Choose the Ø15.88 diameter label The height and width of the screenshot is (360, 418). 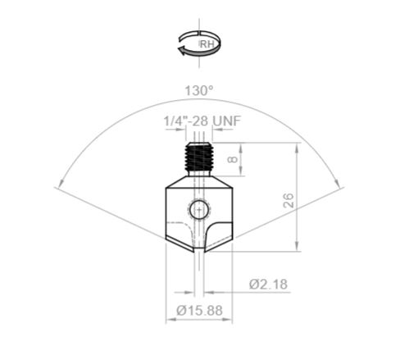[x=200, y=311]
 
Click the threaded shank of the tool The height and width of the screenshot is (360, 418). [x=197, y=157]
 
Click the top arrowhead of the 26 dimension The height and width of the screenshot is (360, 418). [x=297, y=146]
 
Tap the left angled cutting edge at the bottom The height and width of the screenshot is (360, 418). [x=179, y=244]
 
